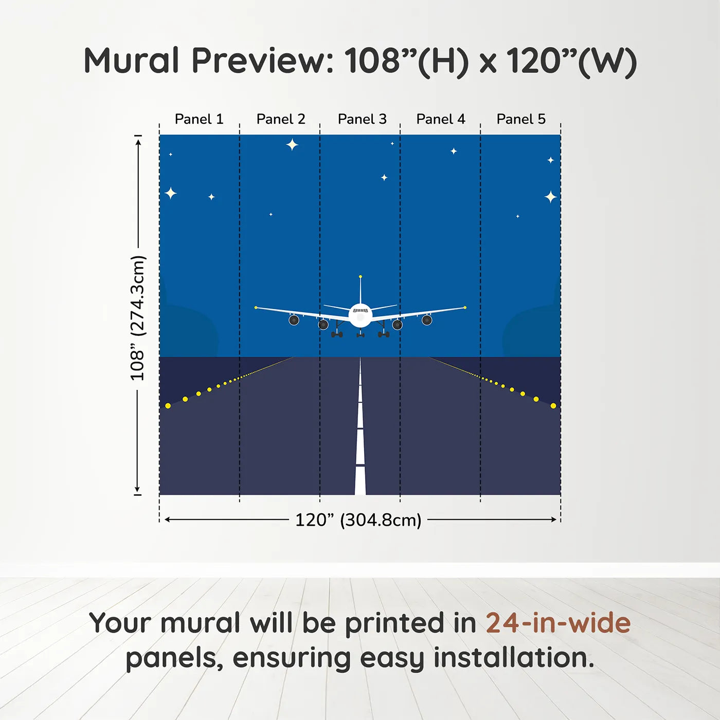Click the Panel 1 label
coord(199,119)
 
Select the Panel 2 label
coord(281,119)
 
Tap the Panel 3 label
coord(362,119)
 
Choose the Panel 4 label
coord(441,119)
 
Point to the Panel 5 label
coord(521,119)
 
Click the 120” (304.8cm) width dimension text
coord(358,520)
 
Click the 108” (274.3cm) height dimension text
coord(137,318)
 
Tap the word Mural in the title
coord(131,61)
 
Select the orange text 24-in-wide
coord(558,623)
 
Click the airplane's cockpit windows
coord(361,311)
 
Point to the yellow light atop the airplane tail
coord(361,277)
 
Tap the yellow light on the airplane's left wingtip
coord(256,308)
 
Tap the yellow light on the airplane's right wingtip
coord(465,308)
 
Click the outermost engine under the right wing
coord(427,320)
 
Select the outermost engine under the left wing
coord(294,320)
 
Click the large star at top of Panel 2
coord(292,145)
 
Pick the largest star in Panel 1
coord(171,193)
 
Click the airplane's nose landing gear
coord(361,334)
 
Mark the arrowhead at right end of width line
coord(554,519)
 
